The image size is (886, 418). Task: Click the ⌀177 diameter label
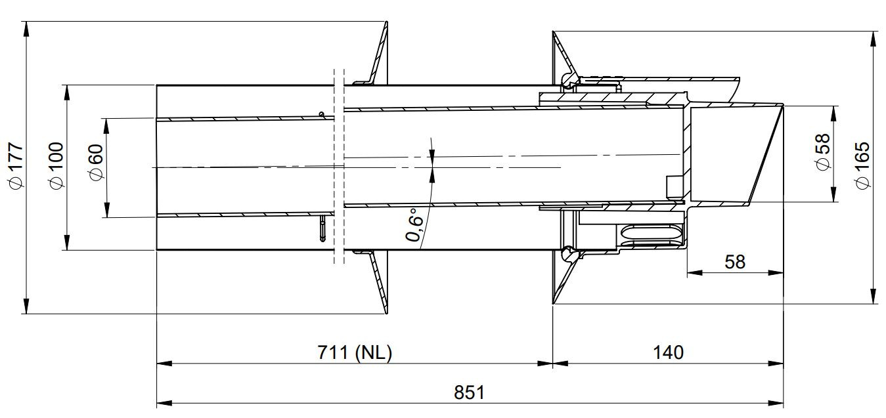point(16,165)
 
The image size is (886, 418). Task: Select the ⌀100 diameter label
point(56,165)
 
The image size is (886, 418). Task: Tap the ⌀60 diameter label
point(96,163)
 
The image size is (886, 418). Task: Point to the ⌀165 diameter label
point(862,165)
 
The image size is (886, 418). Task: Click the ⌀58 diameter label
point(822,152)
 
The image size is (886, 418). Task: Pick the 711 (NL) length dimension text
point(355,352)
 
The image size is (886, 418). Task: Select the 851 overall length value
point(469,392)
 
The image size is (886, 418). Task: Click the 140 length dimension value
point(668,352)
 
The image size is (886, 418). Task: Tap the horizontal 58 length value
point(735,262)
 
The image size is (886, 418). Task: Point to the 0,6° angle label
point(414,225)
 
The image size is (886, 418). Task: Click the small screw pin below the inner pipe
point(322,228)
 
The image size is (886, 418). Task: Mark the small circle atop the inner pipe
point(322,115)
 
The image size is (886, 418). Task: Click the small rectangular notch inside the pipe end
point(674,187)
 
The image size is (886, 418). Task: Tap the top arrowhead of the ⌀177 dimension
point(26,30)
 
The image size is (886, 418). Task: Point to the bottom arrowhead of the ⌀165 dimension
point(873,296)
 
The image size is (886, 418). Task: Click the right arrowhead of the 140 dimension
point(776,364)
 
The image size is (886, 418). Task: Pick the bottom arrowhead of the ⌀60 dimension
point(107,210)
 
